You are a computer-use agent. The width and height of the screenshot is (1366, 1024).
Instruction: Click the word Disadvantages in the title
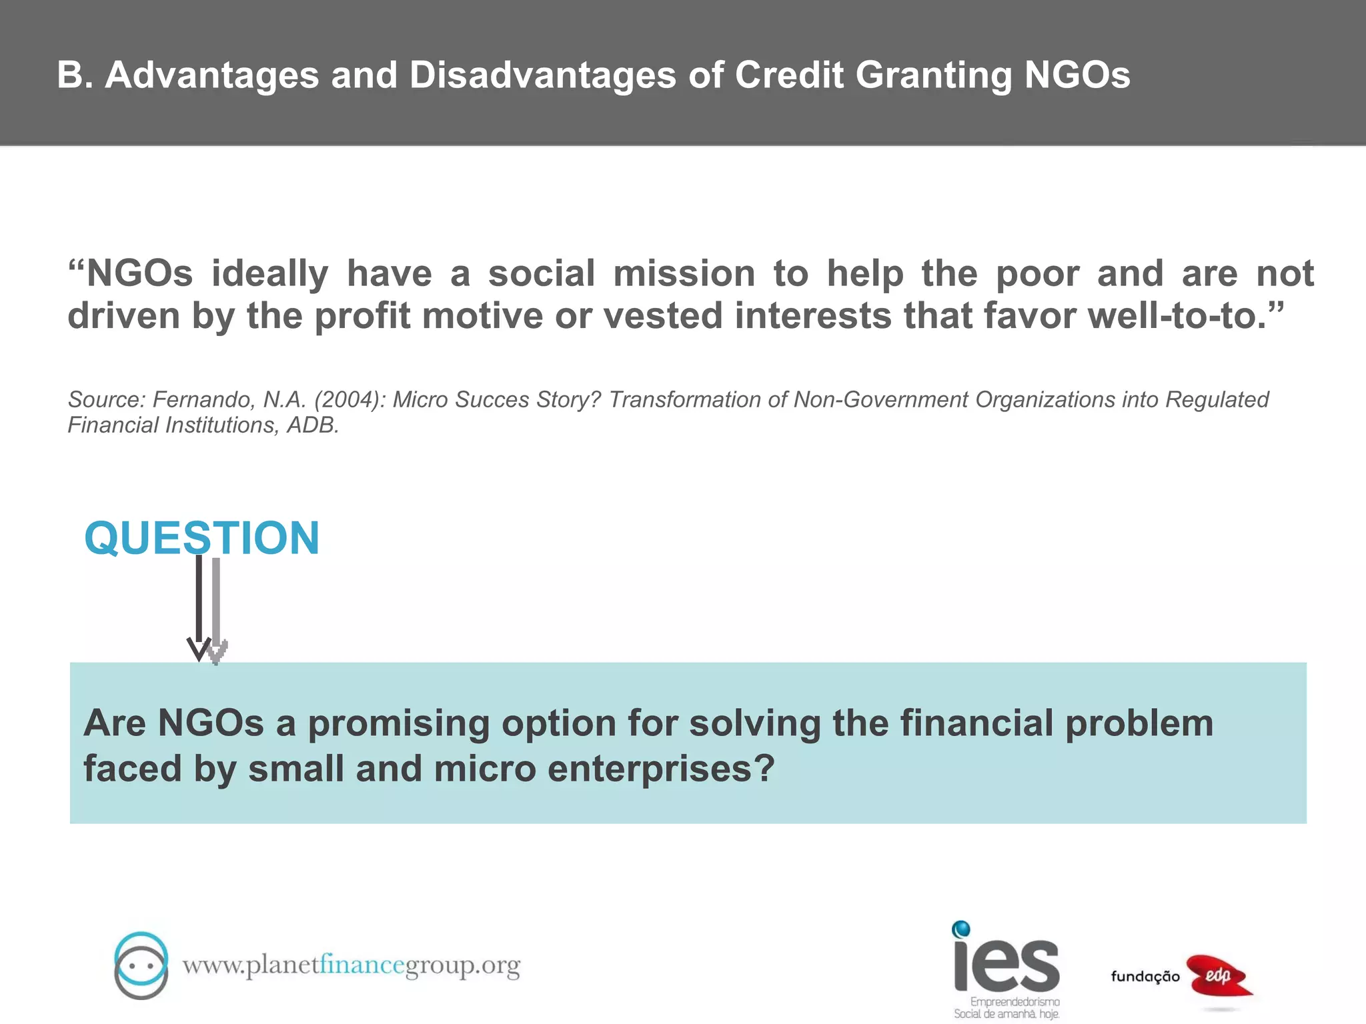[x=543, y=75]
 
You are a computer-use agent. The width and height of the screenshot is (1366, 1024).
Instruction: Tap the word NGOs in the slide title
[x=1077, y=75]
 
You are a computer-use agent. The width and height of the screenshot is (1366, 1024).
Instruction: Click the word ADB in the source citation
[x=312, y=425]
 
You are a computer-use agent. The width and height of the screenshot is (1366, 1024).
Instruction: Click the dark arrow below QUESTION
[x=199, y=607]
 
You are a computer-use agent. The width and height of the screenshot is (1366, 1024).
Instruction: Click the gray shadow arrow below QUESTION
[x=216, y=610]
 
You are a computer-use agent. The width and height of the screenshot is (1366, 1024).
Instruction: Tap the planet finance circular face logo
[x=141, y=965]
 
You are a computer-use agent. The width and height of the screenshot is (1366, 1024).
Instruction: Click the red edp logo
[x=1219, y=976]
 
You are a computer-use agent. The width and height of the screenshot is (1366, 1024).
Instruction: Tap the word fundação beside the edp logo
[x=1145, y=977]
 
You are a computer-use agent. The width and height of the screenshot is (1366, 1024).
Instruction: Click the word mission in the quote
[x=684, y=273]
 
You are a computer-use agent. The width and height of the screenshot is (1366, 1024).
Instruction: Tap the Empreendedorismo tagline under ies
[x=1014, y=1002]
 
